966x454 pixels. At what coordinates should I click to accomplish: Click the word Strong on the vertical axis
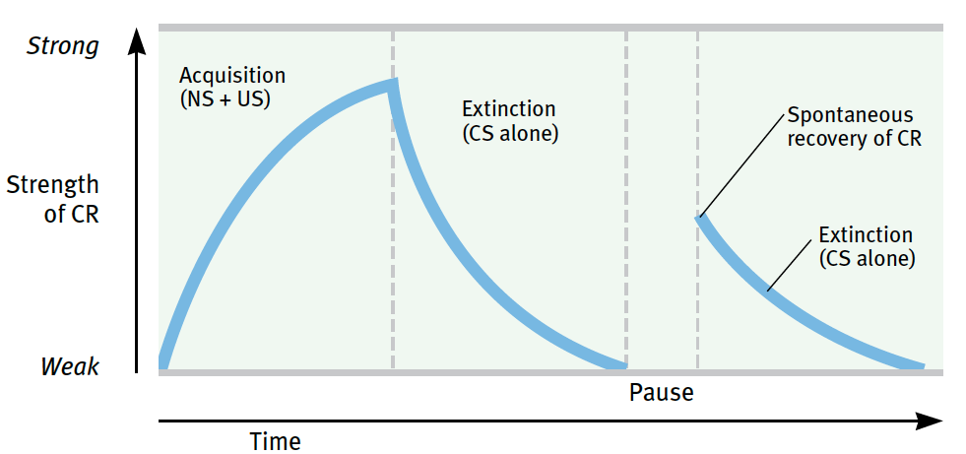(x=62, y=46)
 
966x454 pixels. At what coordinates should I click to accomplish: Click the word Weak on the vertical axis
(x=70, y=366)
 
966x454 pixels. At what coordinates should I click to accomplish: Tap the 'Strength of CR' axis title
(x=53, y=199)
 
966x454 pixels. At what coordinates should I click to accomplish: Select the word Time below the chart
(x=276, y=441)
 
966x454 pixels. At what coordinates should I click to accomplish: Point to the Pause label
(x=662, y=392)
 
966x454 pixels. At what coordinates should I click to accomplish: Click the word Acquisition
(x=232, y=76)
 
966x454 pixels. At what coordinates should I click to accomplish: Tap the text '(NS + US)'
(x=225, y=99)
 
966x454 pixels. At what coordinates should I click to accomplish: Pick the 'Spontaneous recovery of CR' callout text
(x=855, y=127)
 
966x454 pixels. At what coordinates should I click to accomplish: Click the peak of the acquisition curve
(x=393, y=84)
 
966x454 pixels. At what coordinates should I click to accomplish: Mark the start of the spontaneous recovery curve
(x=700, y=217)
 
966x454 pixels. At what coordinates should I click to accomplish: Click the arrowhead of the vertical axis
(x=137, y=40)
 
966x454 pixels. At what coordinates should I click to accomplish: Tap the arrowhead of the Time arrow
(x=930, y=422)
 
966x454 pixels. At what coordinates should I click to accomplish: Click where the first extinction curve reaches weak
(x=621, y=365)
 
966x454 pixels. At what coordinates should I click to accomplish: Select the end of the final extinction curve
(x=921, y=366)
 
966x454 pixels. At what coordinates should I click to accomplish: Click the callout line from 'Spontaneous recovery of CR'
(x=743, y=164)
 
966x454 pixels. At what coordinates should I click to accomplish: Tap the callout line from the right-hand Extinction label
(x=790, y=265)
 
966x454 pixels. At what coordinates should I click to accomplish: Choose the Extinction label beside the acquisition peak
(x=510, y=122)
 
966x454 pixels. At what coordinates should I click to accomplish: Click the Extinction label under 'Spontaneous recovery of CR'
(x=867, y=246)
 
